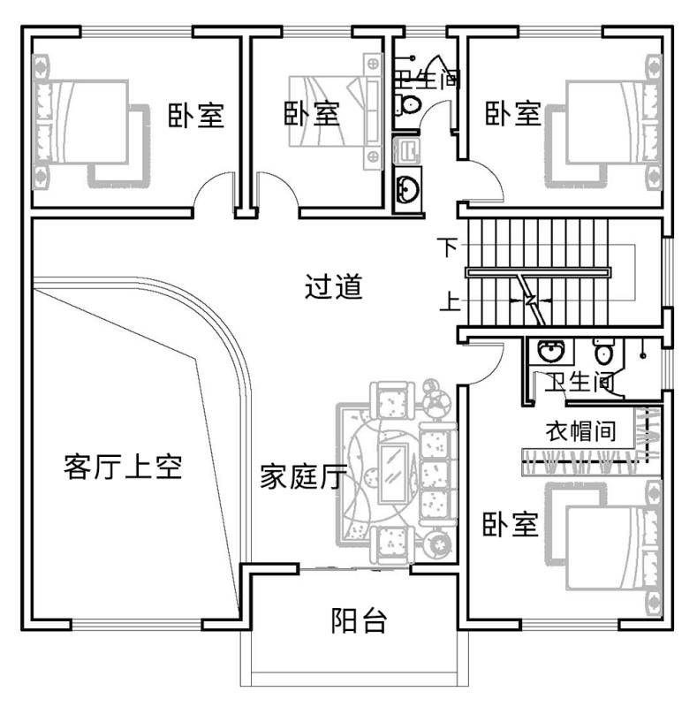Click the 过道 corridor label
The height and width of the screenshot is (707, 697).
click(334, 286)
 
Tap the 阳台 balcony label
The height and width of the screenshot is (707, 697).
click(359, 621)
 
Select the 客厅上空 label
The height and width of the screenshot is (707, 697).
click(123, 467)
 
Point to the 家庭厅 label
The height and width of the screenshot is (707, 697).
click(303, 476)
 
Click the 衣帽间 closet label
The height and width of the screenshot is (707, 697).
click(580, 431)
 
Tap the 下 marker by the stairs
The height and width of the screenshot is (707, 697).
click(448, 247)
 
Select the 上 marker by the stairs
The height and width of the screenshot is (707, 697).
click(450, 301)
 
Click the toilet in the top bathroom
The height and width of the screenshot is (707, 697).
click(408, 104)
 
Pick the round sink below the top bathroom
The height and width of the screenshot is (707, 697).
click(407, 189)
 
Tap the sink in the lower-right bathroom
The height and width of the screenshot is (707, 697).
click(551, 351)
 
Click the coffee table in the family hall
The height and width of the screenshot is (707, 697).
click(394, 474)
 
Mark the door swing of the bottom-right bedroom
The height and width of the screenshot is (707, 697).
click(489, 368)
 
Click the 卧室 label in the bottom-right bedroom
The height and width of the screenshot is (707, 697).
click(511, 524)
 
